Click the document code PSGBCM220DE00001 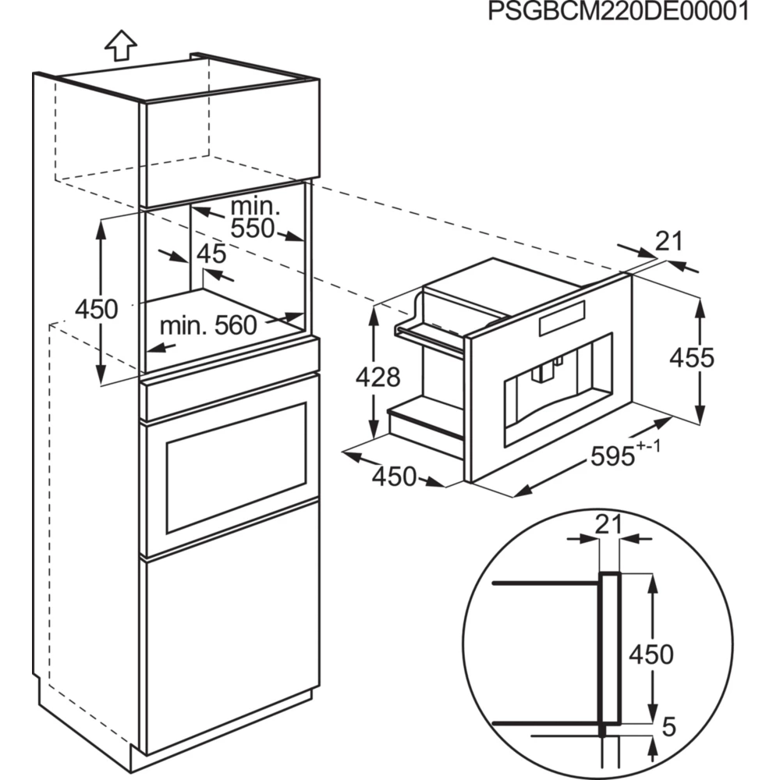[618, 13]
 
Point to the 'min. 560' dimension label [208, 325]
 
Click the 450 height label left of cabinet [96, 309]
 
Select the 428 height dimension [378, 378]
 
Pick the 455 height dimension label [692, 358]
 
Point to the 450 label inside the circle [651, 654]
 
